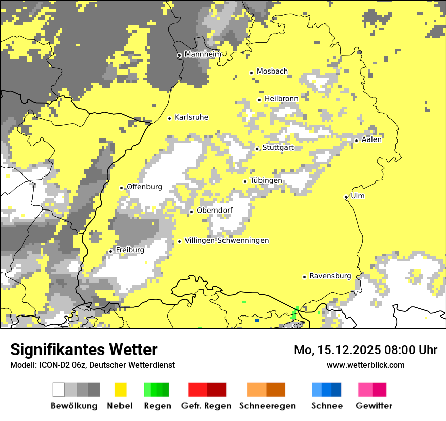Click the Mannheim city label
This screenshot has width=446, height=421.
pos(203,54)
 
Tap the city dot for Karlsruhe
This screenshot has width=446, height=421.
pos(170,118)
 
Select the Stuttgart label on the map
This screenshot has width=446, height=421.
pos(278,148)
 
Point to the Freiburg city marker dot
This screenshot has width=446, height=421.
pos(111,251)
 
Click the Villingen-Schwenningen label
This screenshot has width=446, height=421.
pos(227,241)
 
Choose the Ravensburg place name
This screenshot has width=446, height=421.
pos(330,276)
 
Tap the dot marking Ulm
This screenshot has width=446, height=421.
pos(346,197)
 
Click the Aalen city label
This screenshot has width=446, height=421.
pos(371,139)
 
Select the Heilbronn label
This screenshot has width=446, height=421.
pos(281,99)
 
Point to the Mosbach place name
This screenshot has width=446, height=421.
pos(272,72)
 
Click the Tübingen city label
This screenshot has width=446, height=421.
pos(266,180)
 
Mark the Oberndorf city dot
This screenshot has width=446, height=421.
pos(191,212)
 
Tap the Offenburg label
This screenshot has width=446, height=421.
pos(144,187)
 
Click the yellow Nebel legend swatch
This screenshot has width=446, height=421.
pos(121,390)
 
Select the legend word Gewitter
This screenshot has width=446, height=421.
pos(374,406)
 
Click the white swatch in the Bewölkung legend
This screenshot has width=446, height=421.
pos(59,390)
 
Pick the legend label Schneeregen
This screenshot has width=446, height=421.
pos(267,406)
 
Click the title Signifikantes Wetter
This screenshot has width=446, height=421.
pos(84,349)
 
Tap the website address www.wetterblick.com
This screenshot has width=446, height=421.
pos(365,365)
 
